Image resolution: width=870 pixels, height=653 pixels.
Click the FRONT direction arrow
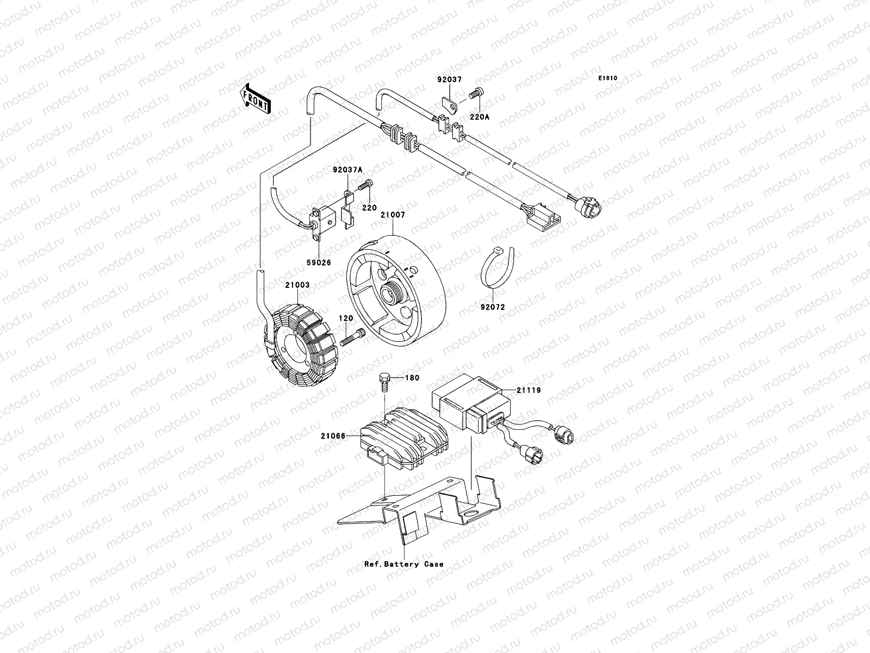coord(256,98)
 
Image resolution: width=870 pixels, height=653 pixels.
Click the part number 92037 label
coord(449,79)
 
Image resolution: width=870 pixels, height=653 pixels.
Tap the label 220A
coord(478,116)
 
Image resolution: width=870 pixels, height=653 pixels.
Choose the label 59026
coord(318,262)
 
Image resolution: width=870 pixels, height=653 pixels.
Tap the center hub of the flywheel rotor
coord(391,294)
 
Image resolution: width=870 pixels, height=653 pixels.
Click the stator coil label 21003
coord(297,285)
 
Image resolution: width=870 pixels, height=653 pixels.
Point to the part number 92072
coord(492,307)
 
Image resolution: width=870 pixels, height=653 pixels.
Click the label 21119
coord(529,390)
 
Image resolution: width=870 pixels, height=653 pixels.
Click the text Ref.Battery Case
coord(404,564)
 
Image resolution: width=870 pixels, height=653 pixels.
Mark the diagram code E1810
coord(608,78)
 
